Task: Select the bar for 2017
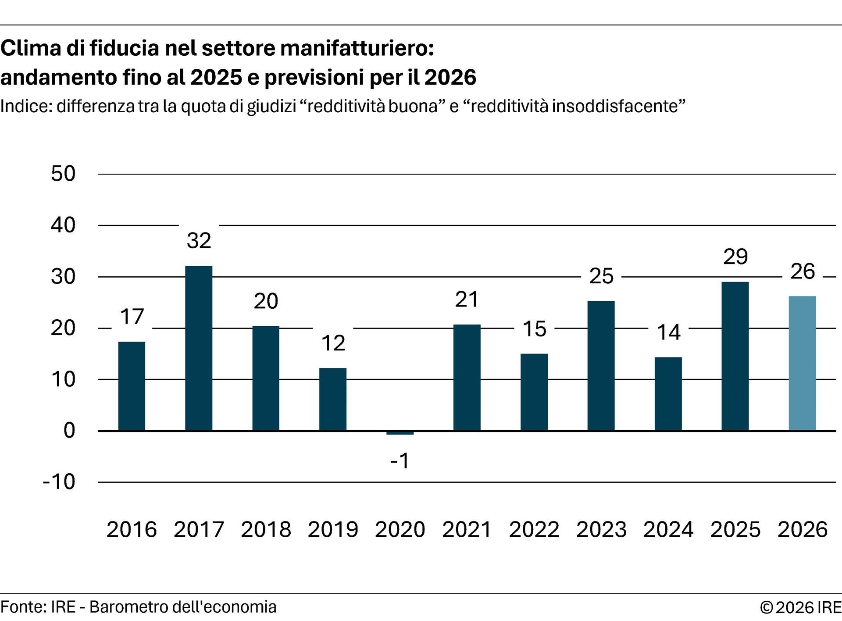coord(199,348)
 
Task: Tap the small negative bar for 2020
coord(400,433)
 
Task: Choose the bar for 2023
coord(601,366)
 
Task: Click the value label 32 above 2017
coord(199,241)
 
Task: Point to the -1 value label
coord(400,461)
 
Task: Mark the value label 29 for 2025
coord(735,257)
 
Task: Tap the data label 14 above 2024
coord(668,332)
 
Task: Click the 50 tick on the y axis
coord(63,174)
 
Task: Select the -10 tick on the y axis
coord(59,482)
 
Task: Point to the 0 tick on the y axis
coord(69,431)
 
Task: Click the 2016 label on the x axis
coord(132,529)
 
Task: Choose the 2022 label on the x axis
coord(534,529)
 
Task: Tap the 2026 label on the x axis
coord(803,529)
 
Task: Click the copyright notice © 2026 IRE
coord(800,608)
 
